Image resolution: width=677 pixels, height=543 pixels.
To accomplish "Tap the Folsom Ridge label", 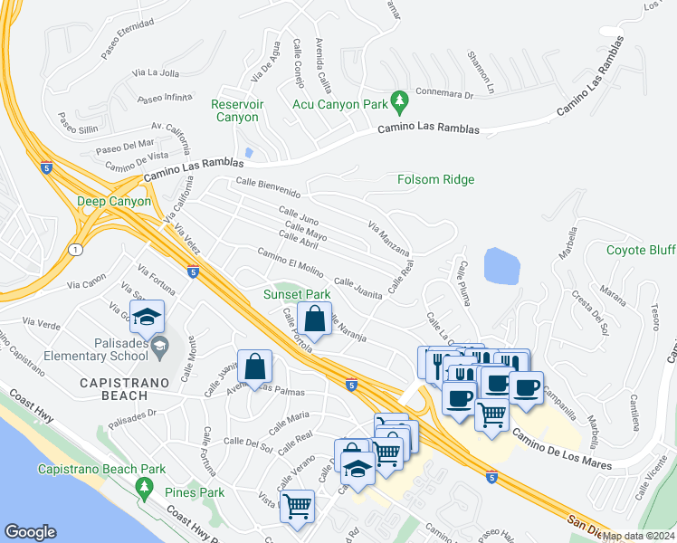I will (435, 179).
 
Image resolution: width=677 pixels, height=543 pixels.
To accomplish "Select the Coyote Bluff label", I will (640, 250).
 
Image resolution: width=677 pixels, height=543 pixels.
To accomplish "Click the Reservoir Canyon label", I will (237, 110).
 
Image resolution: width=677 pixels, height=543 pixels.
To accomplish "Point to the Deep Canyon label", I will (112, 201).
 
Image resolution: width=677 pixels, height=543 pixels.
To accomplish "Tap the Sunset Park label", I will (296, 294).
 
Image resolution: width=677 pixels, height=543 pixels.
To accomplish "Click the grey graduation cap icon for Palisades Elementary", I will (160, 345).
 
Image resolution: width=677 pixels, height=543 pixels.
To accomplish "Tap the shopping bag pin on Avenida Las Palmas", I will (255, 367).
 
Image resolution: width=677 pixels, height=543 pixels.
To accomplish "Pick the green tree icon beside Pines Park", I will (145, 489).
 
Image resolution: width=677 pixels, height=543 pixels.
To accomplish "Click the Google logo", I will (30, 532).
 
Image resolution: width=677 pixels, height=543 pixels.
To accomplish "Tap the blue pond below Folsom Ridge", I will (502, 264).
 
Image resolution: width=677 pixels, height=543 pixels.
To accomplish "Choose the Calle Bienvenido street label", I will (268, 187).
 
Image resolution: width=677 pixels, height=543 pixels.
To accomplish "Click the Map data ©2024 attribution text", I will (636, 536).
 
